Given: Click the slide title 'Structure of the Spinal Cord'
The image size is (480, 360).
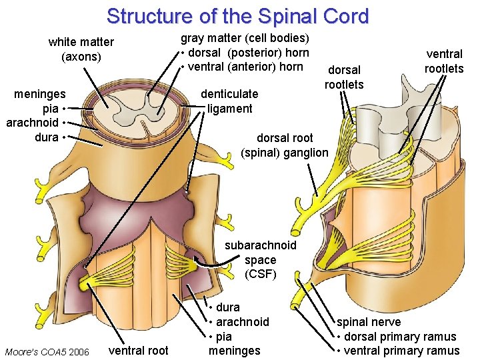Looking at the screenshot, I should [237, 15].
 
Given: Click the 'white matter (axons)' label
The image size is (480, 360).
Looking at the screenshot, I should [81, 49].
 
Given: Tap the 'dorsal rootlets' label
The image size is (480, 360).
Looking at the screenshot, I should [344, 77].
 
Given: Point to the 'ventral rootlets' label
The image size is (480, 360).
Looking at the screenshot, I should [444, 61].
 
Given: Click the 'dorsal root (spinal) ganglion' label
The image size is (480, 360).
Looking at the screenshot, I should [285, 145].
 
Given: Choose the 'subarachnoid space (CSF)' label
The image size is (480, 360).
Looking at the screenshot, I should [260, 259].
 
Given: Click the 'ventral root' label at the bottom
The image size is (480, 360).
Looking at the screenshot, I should [138, 350].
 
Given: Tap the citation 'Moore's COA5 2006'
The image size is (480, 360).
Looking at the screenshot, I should [47, 351].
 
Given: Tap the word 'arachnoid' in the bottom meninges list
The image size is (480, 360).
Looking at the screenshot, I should [241, 322].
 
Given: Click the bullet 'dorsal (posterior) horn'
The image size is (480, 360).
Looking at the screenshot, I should [248, 52].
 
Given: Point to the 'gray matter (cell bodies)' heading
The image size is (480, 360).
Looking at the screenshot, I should [245, 38].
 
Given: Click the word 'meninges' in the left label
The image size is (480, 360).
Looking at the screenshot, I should [40, 95].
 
